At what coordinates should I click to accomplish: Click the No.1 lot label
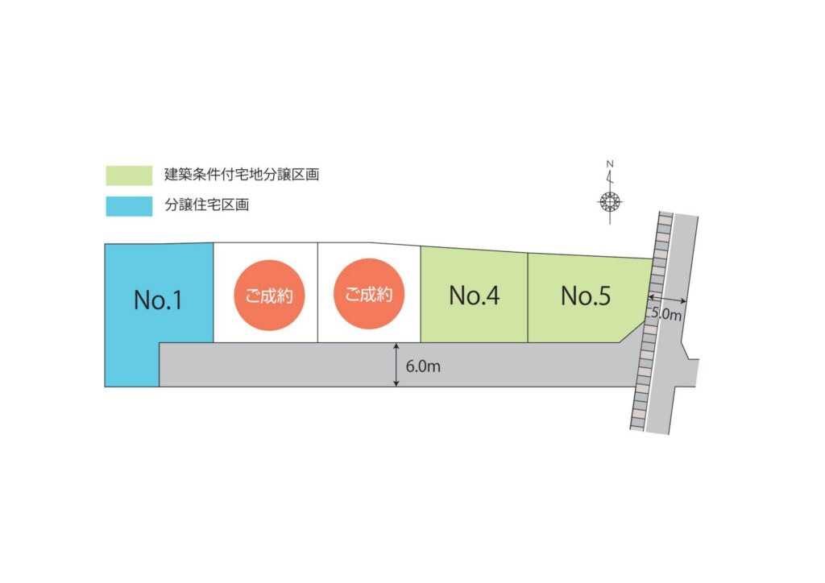pos(158,300)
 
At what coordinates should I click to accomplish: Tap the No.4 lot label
pos(474,296)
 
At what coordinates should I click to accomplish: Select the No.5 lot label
pos(586,296)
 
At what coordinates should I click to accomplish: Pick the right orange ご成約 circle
pos(368,294)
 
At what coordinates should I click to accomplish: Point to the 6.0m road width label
pos(423,366)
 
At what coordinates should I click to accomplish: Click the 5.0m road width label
pos(666,315)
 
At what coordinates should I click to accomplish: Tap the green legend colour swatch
pos(129,175)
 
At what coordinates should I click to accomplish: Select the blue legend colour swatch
pos(129,206)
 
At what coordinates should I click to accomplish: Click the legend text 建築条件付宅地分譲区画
pos(242,175)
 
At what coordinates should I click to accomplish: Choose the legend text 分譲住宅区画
pos(206,205)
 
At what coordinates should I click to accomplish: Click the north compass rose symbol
pos(610,201)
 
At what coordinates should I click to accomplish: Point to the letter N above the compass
pos(610,165)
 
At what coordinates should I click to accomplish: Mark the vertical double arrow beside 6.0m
pos(397,365)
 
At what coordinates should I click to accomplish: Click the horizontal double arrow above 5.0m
pos(666,300)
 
